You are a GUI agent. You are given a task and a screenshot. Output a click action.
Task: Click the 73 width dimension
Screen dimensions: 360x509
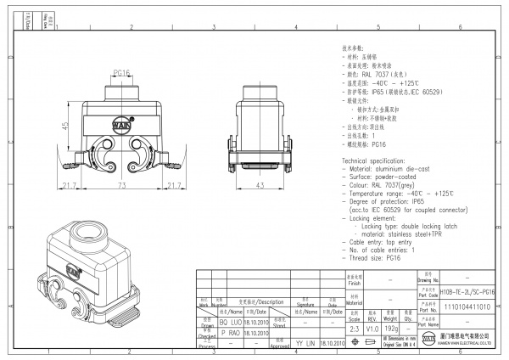(122, 184)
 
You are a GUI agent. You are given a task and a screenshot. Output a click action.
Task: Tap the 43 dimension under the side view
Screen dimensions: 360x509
(260, 184)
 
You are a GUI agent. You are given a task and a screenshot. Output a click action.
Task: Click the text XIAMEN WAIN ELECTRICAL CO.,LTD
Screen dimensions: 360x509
(467, 346)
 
